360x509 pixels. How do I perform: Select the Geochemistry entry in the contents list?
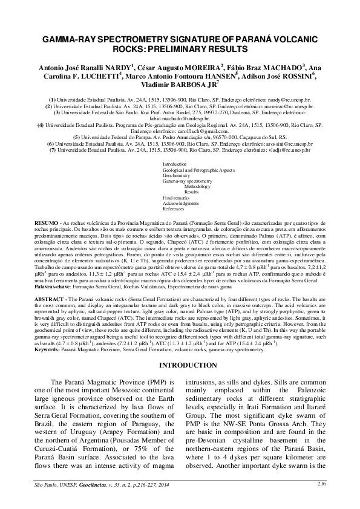coord(177,175)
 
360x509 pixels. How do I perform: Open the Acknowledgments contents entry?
coord(181,203)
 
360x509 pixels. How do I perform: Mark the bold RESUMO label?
coord(46,222)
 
